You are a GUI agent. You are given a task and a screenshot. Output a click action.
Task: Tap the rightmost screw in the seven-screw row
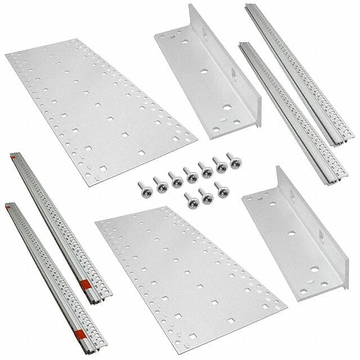pos(232,160)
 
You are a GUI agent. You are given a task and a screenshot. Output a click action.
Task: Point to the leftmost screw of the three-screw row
pos(191,200)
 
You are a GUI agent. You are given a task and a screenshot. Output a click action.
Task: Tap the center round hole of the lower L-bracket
pos(291,234)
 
